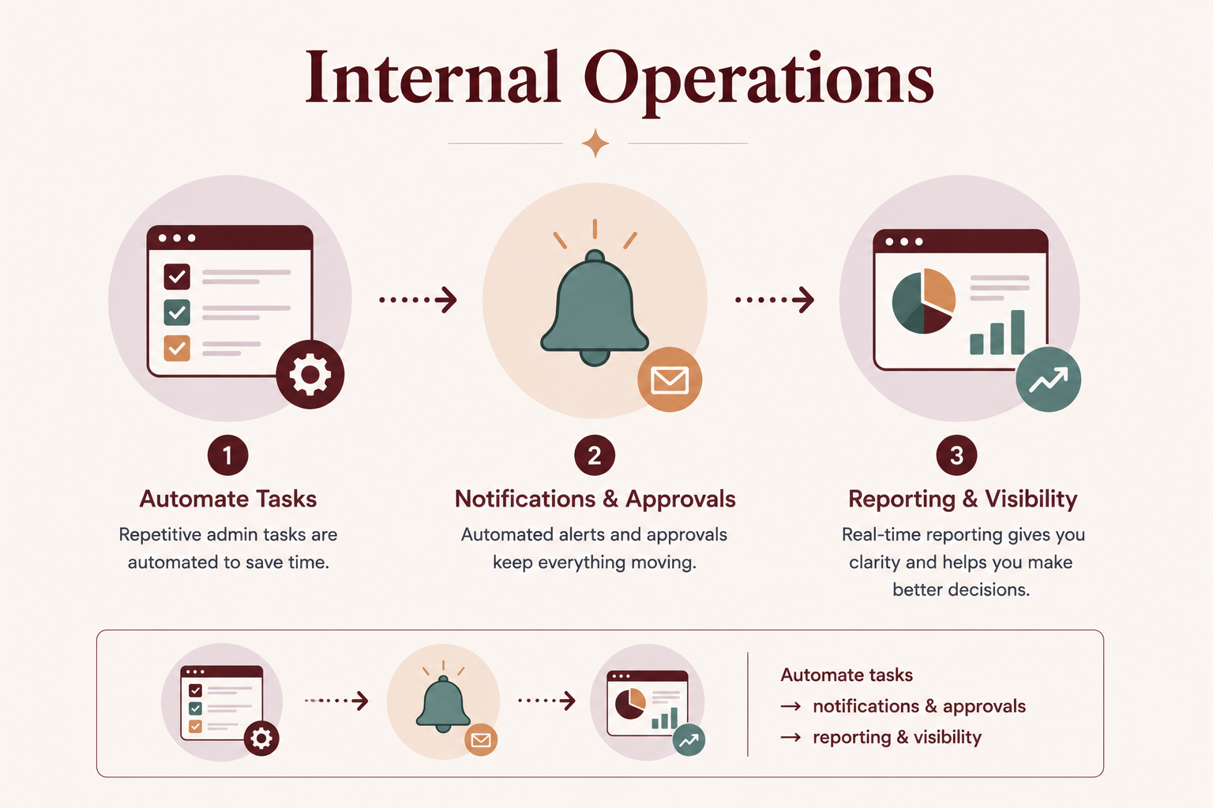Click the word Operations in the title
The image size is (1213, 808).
click(x=759, y=81)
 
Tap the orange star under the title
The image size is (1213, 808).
click(x=595, y=144)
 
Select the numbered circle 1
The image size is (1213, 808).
click(x=228, y=455)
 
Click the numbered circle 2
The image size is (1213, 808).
click(x=595, y=455)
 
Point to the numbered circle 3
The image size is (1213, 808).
click(x=957, y=455)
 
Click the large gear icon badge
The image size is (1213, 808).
click(x=310, y=375)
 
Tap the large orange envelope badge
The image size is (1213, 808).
click(x=670, y=380)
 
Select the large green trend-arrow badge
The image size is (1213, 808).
click(x=1049, y=380)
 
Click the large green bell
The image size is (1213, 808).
click(x=595, y=308)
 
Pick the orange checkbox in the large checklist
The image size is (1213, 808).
click(x=177, y=348)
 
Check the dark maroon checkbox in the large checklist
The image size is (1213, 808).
click(x=177, y=276)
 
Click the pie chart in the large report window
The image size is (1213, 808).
click(x=923, y=301)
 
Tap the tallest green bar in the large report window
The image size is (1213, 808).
click(x=1017, y=332)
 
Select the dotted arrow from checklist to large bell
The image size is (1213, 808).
click(x=418, y=300)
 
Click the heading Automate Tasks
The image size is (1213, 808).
click(x=228, y=499)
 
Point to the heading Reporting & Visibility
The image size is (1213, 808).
click(x=963, y=499)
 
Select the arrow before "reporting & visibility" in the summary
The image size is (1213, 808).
click(x=791, y=737)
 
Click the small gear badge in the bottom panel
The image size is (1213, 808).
click(x=261, y=739)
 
